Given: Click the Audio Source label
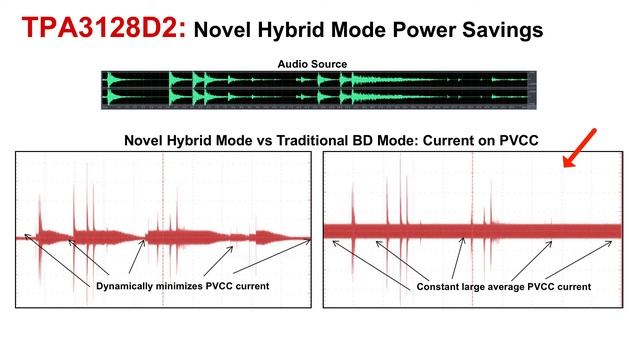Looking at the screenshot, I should (312, 65).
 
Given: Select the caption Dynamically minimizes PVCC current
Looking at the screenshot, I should (184, 287).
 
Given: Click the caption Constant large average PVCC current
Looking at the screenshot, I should (503, 287).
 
